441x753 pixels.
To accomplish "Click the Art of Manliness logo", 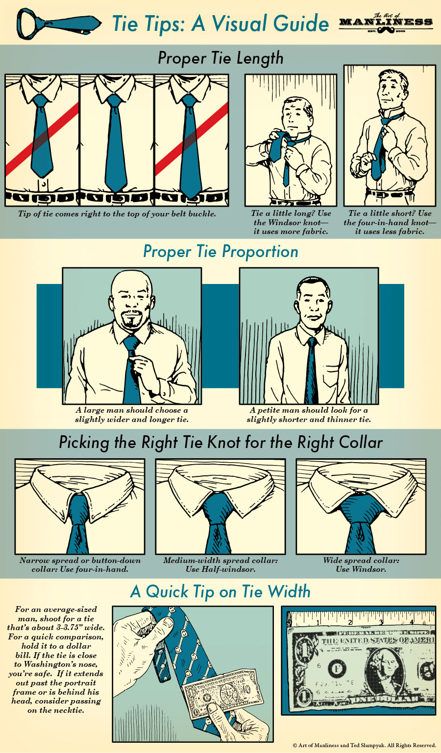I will point(386,23).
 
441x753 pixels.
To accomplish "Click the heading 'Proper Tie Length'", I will point(220,58).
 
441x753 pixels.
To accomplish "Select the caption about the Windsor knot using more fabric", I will point(291,222).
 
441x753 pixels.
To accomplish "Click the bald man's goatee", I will point(132,321).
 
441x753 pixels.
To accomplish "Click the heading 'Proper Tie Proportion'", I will point(220,252).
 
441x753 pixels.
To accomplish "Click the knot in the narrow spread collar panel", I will point(78,509).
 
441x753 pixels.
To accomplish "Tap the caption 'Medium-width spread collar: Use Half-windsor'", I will point(220,565).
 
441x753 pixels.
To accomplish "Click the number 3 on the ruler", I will point(381,622).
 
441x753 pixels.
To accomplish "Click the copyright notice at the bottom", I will point(364,746).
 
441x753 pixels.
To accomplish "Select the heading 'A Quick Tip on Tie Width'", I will point(220,591).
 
